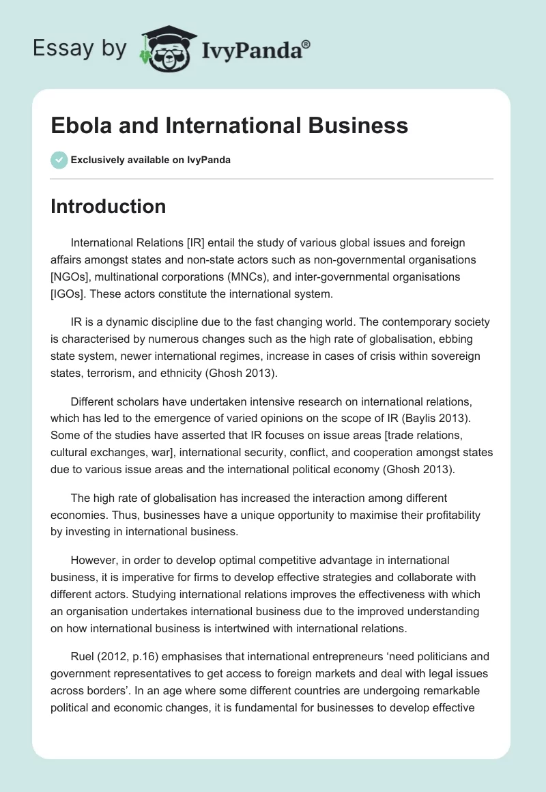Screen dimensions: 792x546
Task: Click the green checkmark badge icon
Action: [59, 160]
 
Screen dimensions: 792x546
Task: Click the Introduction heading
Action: [108, 206]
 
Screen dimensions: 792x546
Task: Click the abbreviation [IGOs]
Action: [70, 294]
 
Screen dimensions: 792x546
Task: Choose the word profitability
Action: [452, 515]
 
